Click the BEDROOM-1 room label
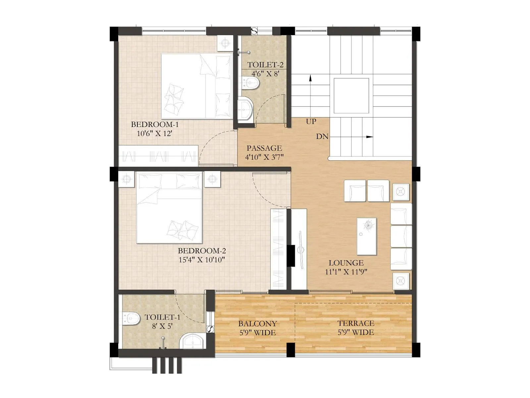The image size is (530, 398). [155, 124]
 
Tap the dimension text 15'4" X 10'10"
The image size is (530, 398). [202, 260]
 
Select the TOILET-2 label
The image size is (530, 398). [265, 65]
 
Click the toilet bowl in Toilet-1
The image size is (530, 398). [131, 319]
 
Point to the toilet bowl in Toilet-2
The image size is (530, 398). [249, 83]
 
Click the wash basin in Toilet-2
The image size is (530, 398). [245, 108]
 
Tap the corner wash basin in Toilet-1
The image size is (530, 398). [193, 341]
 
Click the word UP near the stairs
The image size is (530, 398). [311, 121]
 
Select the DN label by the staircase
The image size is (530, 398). [322, 136]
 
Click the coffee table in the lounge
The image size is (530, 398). [366, 236]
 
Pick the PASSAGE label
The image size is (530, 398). [264, 148]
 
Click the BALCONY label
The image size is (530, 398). [257, 323]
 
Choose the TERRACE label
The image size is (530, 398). [356, 323]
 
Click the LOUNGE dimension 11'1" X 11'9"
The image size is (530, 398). [346, 272]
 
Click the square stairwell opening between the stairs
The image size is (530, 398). [351, 96]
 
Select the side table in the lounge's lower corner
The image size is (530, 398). [400, 281]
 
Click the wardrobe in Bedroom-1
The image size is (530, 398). [158, 156]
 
